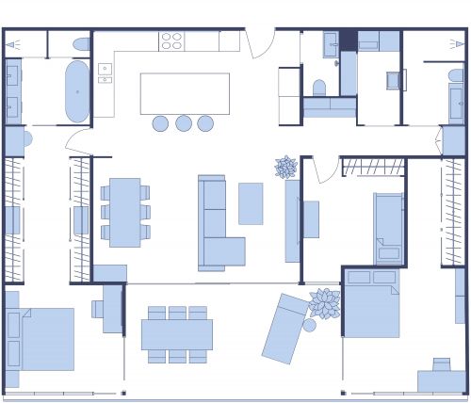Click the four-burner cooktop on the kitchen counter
[x=171, y=41]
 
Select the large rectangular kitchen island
[x=185, y=93]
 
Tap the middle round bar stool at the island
[x=183, y=122]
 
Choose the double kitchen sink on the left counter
[x=105, y=74]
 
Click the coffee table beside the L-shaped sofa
[x=251, y=203]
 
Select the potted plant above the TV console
[x=286, y=168]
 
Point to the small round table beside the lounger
[x=309, y=326]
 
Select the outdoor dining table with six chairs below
[x=177, y=335]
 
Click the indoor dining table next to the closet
[x=124, y=212]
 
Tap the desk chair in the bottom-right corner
[x=441, y=364]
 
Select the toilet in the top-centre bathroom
[x=318, y=88]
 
